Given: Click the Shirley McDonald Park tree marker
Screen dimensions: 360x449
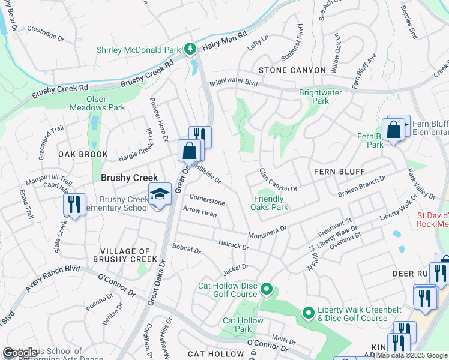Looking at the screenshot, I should tap(190, 47).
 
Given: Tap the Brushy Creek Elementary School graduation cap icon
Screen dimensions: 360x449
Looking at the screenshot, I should tap(160, 194).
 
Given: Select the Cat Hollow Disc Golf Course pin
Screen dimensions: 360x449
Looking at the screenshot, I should tap(267, 291).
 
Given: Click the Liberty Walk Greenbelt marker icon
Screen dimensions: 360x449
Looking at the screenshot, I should tap(308, 313).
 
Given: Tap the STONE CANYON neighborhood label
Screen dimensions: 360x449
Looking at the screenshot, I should tap(282, 70).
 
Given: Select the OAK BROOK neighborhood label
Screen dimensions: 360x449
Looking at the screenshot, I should tap(83, 154).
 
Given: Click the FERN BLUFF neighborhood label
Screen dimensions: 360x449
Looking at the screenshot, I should tap(339, 172).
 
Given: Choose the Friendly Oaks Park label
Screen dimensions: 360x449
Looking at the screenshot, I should tap(270, 203).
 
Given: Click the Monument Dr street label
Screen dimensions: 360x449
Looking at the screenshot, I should tap(268, 232).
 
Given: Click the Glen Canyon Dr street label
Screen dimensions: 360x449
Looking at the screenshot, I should tap(278, 181).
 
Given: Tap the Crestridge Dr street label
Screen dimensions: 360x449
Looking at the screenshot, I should tap(46, 33).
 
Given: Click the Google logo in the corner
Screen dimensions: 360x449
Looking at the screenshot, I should tap(21, 353).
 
